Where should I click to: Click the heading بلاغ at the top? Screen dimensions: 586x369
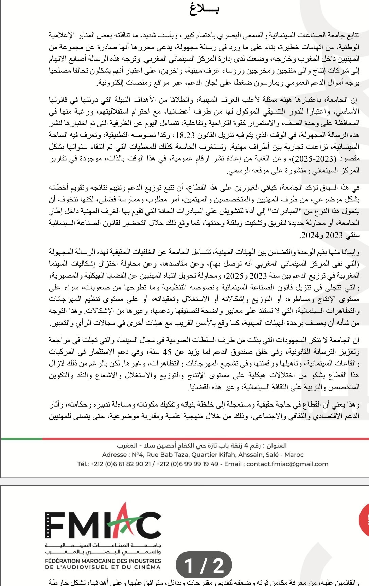click(204, 8)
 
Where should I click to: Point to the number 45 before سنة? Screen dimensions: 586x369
click(167, 352)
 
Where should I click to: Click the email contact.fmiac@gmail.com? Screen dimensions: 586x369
click(287, 464)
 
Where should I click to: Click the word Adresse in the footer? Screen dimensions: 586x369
click(114, 455)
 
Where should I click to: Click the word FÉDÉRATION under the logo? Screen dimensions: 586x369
click(65, 561)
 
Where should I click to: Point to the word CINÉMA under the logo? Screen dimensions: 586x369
click(148, 567)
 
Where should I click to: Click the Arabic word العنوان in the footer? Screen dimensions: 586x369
click(276, 446)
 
